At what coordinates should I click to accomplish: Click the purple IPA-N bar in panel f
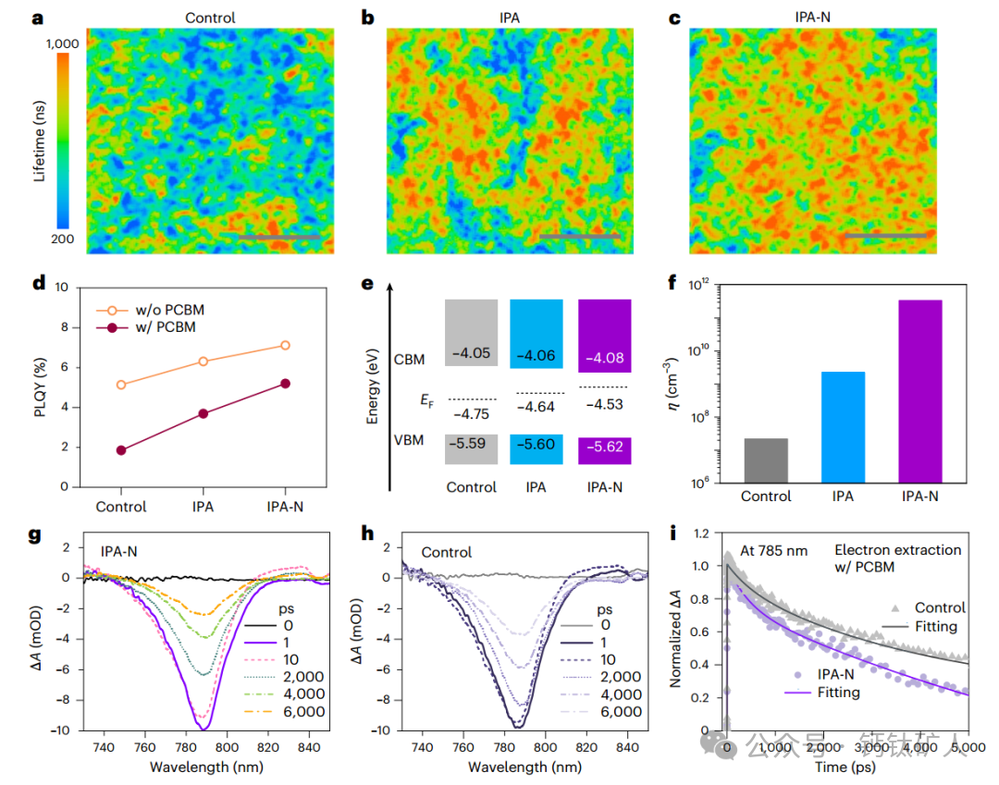click(920, 390)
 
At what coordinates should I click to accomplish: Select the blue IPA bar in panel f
click(842, 426)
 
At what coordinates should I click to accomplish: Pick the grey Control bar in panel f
click(765, 460)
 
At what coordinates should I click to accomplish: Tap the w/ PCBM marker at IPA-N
click(285, 384)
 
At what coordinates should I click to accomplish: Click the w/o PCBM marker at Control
click(121, 385)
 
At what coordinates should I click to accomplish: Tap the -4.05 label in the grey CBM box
click(471, 353)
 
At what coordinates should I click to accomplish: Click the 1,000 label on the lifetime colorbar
click(62, 43)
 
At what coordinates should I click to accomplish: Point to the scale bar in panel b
click(579, 238)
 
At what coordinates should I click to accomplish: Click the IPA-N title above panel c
click(814, 18)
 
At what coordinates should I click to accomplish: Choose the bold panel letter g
click(37, 536)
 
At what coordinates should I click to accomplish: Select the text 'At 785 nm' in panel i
click(773, 550)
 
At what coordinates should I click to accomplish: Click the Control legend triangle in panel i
click(895, 607)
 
